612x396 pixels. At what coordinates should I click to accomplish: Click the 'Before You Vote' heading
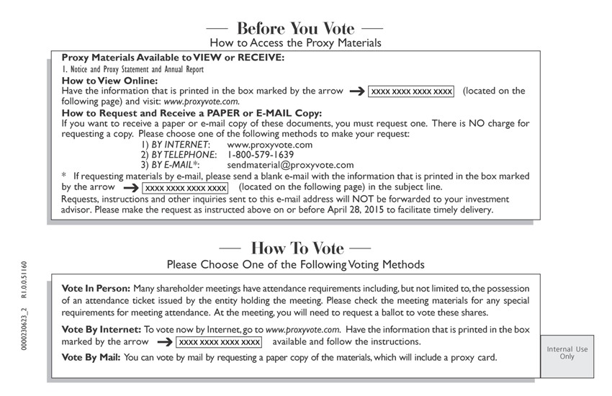pos(295,29)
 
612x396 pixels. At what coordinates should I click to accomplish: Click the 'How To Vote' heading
pos(297,248)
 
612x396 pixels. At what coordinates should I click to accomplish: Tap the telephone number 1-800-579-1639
pos(260,155)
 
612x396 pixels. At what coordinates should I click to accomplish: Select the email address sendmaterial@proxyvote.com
pos(290,165)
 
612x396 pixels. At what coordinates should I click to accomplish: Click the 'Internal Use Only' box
pos(567,353)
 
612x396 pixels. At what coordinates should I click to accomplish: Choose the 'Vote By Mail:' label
pos(92,357)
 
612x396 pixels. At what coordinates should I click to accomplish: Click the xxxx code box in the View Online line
pos(411,91)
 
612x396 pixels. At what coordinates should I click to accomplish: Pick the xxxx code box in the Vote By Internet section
pos(220,341)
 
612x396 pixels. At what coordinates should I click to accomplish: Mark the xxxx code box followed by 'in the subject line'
pos(186,187)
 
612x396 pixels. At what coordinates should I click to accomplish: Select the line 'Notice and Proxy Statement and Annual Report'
pos(132,70)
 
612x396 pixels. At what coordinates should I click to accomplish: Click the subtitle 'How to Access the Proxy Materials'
pos(295,43)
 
